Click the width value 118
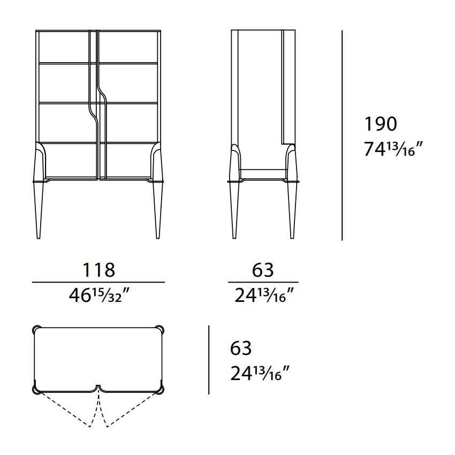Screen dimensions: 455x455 (99, 270)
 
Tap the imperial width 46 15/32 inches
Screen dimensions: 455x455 (99, 295)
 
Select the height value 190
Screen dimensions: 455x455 (381, 124)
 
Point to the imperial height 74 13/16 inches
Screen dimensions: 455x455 (394, 149)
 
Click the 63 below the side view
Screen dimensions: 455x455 (263, 270)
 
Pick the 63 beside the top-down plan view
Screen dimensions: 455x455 (241, 348)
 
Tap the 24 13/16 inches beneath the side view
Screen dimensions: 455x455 (264, 295)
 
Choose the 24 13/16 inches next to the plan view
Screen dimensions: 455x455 (260, 373)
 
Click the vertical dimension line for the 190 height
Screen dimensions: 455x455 (342, 135)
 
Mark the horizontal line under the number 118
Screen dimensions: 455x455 (98, 282)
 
